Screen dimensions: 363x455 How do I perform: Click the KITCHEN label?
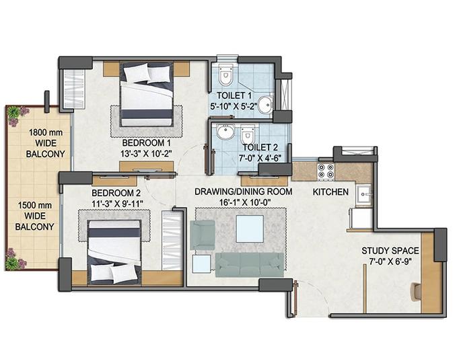[x=330, y=192]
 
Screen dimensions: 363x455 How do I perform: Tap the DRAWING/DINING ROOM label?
[x=243, y=192]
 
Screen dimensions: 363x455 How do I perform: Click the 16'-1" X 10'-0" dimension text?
[x=243, y=202]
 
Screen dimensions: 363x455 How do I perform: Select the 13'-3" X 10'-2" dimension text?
[x=146, y=154]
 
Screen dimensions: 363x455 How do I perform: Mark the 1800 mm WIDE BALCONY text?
[x=46, y=143]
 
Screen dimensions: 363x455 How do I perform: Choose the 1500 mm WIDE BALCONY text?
[x=34, y=216]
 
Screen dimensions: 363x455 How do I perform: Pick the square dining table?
[x=249, y=228]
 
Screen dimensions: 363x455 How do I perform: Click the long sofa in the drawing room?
[x=249, y=264]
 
